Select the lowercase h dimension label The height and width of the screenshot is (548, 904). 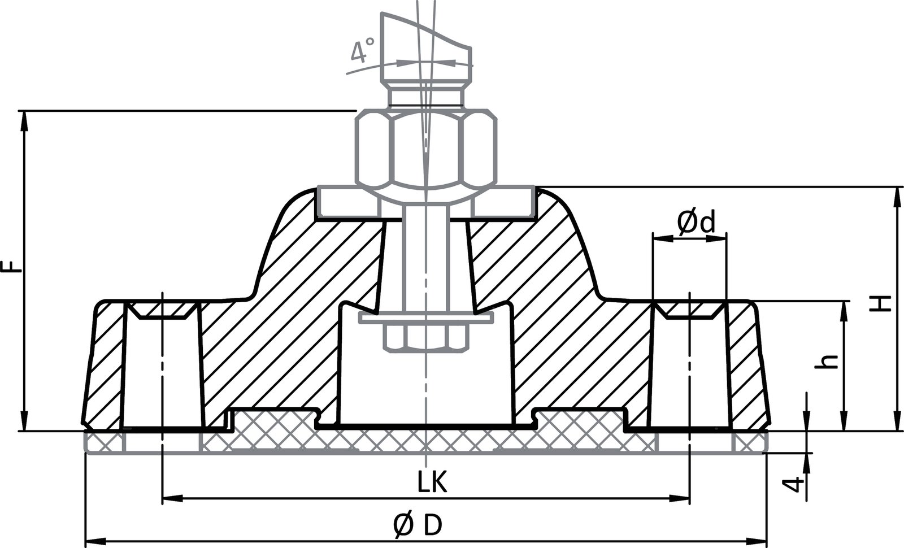click(x=828, y=362)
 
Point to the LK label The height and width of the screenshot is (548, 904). click(x=432, y=483)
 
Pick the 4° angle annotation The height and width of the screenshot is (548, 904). click(x=362, y=51)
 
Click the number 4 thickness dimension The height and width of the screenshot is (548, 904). click(x=796, y=485)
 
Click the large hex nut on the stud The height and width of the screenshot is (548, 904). click(x=427, y=150)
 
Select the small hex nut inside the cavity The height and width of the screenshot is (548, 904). click(x=425, y=338)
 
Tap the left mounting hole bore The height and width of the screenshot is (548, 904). click(x=162, y=373)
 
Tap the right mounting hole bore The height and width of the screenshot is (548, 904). click(x=690, y=373)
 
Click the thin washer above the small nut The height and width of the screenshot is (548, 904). click(x=425, y=320)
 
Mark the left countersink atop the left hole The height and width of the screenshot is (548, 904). click(x=162, y=310)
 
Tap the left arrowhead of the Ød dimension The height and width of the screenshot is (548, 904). click(x=659, y=240)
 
